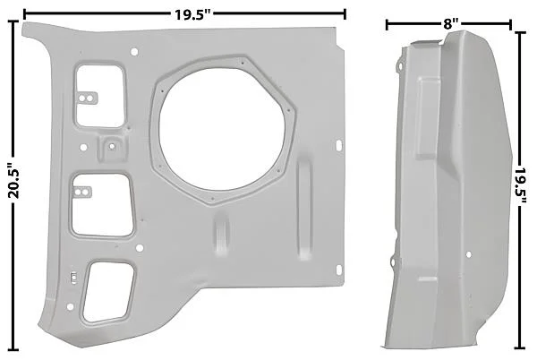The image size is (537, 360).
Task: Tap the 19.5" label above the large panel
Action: coord(192,14)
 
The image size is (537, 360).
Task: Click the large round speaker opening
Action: coord(223,129)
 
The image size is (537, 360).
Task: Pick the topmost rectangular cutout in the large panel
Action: coord(99,96)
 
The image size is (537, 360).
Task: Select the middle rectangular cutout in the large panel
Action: coord(102,205)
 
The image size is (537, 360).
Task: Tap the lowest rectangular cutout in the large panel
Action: coord(108,292)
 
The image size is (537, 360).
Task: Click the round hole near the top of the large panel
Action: coord(134,52)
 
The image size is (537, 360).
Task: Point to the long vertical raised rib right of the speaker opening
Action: coord(303,208)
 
